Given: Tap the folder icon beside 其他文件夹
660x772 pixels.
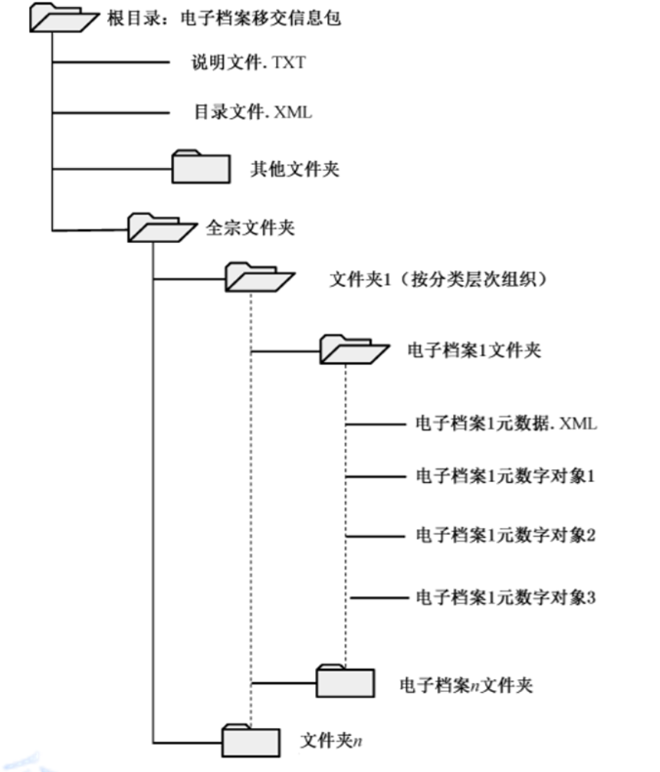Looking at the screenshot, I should tap(200, 167).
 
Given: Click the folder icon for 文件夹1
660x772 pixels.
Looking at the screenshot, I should tap(257, 276).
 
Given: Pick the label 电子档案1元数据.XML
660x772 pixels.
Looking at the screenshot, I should tap(506, 425).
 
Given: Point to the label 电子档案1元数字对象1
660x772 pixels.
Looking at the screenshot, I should tap(505, 477).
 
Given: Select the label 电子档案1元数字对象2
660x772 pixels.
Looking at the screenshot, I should tap(505, 535).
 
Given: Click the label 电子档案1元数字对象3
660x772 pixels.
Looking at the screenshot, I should tap(505, 595).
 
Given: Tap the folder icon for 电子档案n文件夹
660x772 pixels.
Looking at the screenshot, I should tap(345, 679).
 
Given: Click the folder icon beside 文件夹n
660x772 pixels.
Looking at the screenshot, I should tap(250, 739).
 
